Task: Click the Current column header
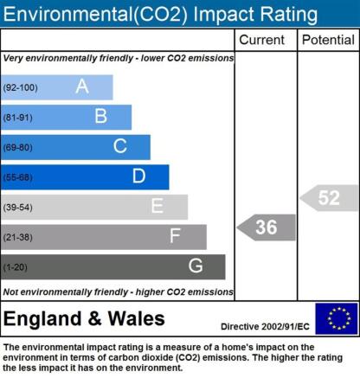(x=261, y=40)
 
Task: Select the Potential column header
(x=328, y=40)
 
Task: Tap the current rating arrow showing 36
(x=267, y=227)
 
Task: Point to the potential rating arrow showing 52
(x=329, y=198)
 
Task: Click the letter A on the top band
(x=82, y=86)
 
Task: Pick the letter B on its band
(x=101, y=116)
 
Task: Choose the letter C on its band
(x=120, y=146)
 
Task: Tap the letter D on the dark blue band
(x=138, y=176)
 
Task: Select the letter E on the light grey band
(x=157, y=206)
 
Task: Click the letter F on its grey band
(x=175, y=236)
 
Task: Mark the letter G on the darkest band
(x=196, y=266)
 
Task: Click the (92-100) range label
(x=20, y=87)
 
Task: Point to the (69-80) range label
(x=17, y=148)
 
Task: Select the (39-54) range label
(x=17, y=208)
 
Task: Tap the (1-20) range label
(x=15, y=267)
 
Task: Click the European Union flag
(x=337, y=318)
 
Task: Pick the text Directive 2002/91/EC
(x=265, y=327)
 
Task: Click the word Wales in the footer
(x=136, y=318)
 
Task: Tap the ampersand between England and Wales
(x=94, y=318)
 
